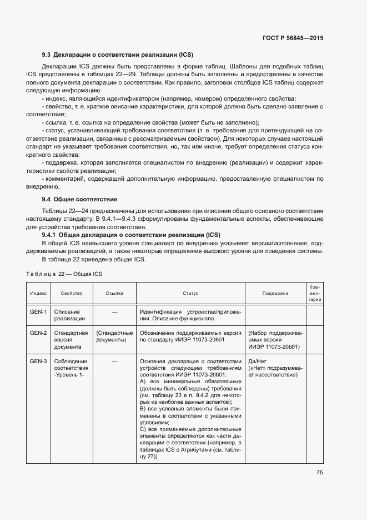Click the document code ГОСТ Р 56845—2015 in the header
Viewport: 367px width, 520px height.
click(x=293, y=38)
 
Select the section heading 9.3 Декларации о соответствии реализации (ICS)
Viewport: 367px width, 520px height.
click(x=117, y=55)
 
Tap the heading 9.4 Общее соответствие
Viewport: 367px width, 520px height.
click(x=79, y=199)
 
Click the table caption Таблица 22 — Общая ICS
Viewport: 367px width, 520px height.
click(x=64, y=274)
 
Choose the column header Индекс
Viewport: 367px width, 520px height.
click(x=38, y=293)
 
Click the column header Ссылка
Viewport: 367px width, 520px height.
click(x=115, y=293)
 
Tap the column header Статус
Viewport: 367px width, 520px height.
click(x=190, y=293)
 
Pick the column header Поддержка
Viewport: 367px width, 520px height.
click(x=275, y=293)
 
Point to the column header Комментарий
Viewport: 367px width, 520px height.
click(x=315, y=293)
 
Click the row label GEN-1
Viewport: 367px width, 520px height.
click(x=38, y=312)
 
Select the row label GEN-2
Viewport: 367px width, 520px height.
click(x=38, y=333)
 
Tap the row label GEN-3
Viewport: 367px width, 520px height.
click(x=38, y=361)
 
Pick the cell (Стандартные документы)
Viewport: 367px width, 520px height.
click(x=115, y=336)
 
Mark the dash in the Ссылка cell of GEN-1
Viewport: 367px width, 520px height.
click(x=115, y=312)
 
